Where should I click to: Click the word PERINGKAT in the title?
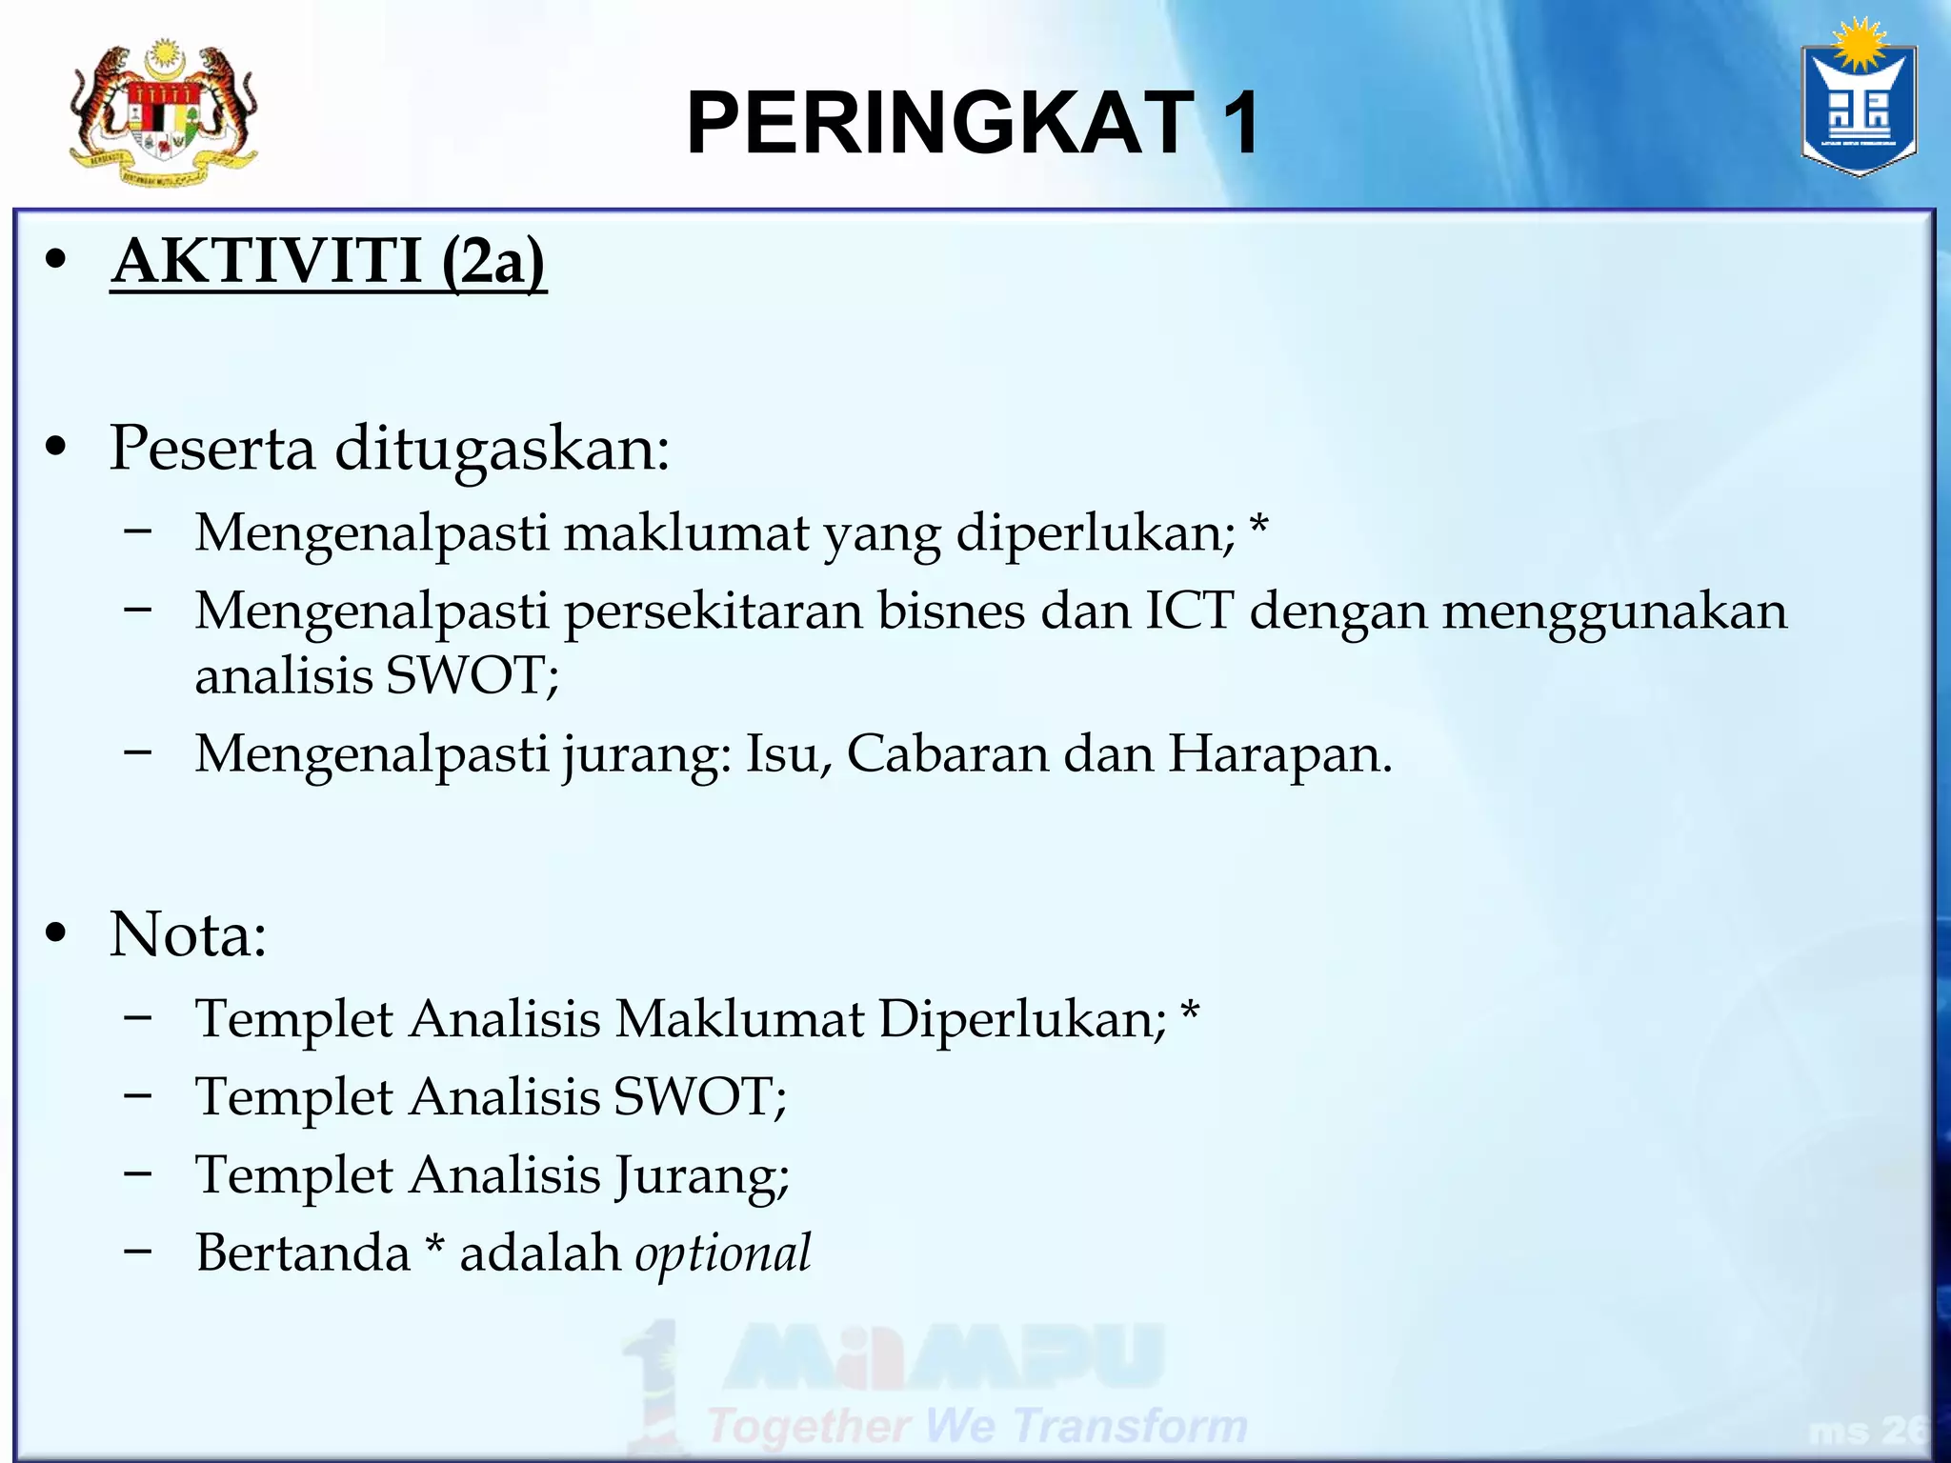pos(939,123)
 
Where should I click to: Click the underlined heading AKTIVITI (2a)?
pos(328,261)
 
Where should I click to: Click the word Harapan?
pos(1279,754)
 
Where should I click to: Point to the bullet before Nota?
pos(56,934)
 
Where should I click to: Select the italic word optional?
pos(722,1253)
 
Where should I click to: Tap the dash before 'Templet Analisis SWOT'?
pos(138,1095)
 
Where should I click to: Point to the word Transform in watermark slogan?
pos(1129,1427)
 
